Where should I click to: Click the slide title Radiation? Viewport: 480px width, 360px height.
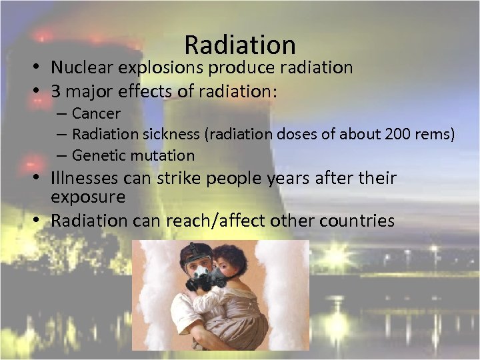(x=239, y=45)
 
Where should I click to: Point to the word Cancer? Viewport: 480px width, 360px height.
(x=96, y=113)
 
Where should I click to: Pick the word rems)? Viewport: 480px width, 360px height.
(x=435, y=134)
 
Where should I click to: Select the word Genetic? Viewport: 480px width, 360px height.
(x=97, y=155)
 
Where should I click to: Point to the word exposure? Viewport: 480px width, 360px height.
(x=87, y=197)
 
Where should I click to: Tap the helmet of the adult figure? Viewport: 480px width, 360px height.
(x=196, y=253)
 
